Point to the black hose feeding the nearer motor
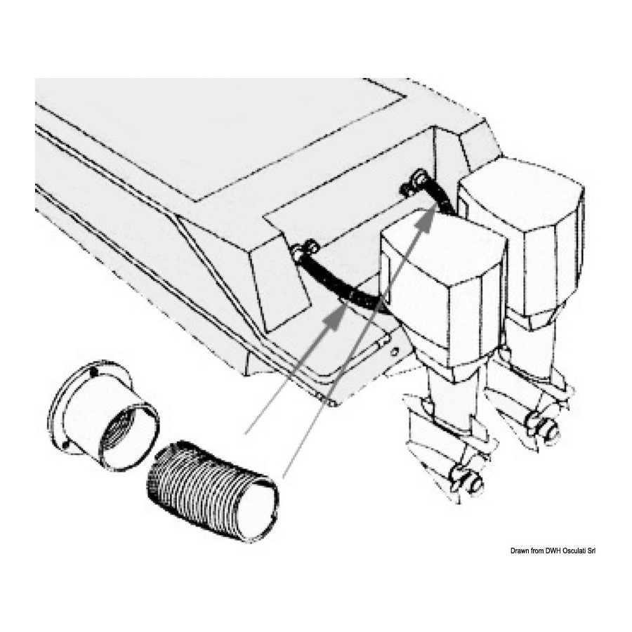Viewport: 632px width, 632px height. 343,284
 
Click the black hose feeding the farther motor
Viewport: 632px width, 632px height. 440,194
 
